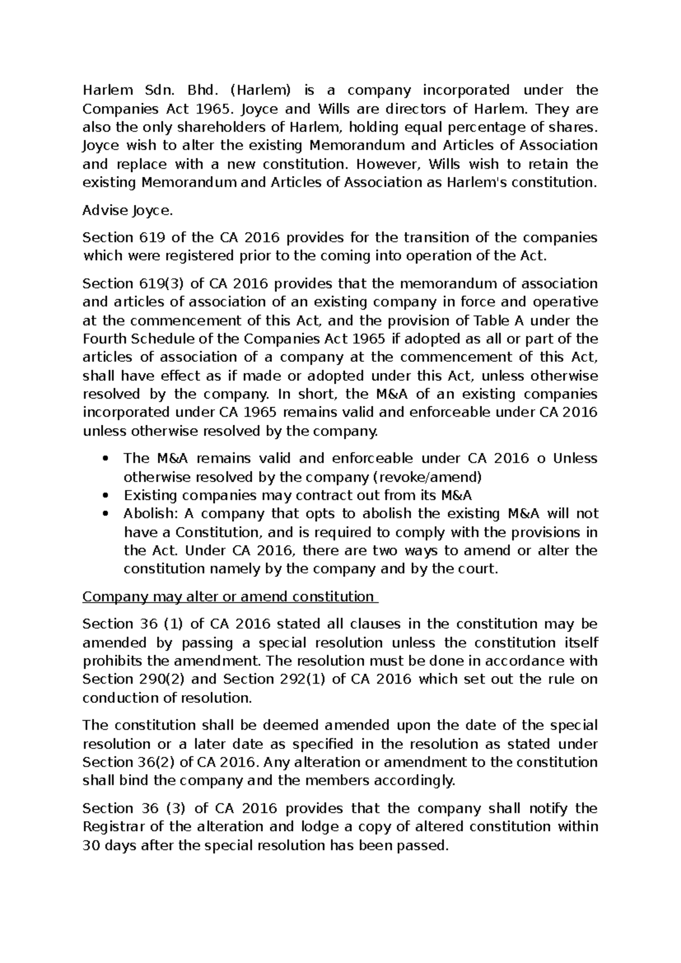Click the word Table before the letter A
point(490,320)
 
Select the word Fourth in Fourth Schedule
point(103,339)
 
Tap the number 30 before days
point(91,846)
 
